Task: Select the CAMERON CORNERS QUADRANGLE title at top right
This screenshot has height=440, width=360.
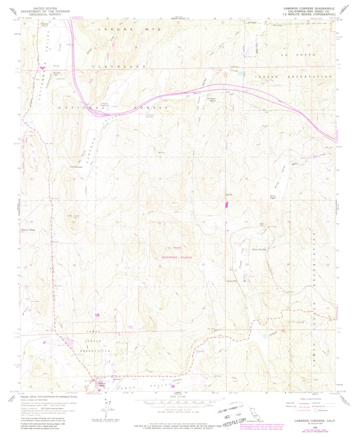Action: point(308,8)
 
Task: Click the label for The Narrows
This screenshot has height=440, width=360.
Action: point(76,167)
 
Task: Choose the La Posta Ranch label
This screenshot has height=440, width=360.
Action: point(212,100)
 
